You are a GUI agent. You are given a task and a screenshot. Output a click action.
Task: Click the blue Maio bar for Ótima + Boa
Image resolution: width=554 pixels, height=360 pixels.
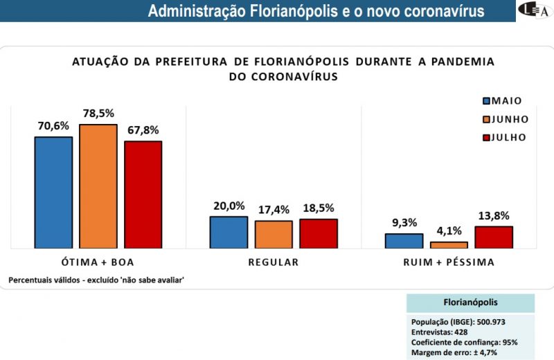coord(53,192)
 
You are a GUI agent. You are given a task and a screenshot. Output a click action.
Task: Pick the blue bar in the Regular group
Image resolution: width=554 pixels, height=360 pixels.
coord(229,232)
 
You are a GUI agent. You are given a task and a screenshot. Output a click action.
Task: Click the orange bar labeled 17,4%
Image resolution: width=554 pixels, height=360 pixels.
coord(274,234)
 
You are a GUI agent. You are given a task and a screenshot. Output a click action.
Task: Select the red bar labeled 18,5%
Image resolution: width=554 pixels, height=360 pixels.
coord(319,233)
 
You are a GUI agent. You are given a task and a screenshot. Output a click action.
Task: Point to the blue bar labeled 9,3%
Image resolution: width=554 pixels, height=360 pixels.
coord(404,240)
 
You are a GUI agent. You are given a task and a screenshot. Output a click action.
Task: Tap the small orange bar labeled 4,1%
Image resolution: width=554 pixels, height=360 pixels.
coord(449,244)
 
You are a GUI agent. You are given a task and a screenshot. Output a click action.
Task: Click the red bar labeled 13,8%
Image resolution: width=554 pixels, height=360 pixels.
coord(494,237)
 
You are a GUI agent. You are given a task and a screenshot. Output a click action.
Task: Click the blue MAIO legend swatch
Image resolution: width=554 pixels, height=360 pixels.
coord(487,101)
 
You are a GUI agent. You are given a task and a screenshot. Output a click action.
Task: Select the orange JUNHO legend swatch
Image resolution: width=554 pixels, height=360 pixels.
coord(487,119)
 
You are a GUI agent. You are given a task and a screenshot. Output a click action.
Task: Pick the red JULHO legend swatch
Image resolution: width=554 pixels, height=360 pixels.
coord(487,137)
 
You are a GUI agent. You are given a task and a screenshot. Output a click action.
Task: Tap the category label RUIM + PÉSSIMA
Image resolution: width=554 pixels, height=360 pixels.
coord(449,262)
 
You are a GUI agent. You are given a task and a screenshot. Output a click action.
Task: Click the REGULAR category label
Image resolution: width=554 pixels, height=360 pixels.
coord(274,262)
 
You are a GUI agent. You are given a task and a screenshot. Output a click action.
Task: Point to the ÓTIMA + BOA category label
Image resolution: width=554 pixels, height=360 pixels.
coord(98,262)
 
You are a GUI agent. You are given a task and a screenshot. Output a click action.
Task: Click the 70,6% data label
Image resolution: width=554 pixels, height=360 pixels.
coord(53,125)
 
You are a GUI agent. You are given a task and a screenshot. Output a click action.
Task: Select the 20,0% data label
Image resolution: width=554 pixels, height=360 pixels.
coord(229,206)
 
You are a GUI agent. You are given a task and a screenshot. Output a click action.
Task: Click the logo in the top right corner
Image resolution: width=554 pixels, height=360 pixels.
coord(535,11)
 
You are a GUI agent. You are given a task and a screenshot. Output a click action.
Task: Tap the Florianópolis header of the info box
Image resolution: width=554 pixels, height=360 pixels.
coord(470,303)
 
